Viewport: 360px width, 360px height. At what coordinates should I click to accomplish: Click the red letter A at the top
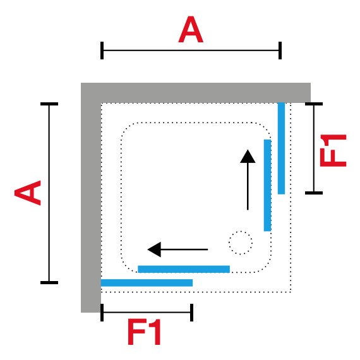tap(191, 30)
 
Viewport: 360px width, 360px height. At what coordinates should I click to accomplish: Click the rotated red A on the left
tap(28, 193)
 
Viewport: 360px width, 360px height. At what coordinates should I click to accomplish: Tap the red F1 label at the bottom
tap(144, 332)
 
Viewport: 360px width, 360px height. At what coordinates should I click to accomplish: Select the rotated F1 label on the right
tap(333, 150)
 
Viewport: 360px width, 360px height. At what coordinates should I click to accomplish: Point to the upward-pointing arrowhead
tap(248, 157)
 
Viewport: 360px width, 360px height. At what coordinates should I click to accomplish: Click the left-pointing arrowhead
tap(154, 249)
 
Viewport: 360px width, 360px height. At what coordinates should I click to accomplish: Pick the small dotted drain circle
tap(241, 243)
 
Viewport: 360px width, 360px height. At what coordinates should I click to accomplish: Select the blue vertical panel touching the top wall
tap(281, 148)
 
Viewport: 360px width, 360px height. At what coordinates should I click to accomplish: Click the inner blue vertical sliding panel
tap(268, 185)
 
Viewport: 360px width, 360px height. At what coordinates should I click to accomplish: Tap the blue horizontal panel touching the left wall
tap(147, 282)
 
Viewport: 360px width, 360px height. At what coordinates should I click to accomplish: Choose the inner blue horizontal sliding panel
tap(184, 269)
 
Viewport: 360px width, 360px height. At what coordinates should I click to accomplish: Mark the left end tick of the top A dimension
tap(102, 51)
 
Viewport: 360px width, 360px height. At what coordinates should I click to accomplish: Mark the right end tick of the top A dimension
tap(280, 51)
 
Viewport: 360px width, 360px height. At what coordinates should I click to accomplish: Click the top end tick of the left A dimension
tap(49, 104)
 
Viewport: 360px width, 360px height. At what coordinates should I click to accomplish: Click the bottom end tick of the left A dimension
tap(49, 282)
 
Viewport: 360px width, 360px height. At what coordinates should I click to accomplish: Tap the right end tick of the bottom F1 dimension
tap(192, 313)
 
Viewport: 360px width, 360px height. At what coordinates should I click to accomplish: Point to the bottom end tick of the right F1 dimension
tap(314, 193)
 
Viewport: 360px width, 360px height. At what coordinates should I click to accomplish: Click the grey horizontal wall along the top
tap(196, 93)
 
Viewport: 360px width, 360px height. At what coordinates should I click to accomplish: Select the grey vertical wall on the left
tap(91, 198)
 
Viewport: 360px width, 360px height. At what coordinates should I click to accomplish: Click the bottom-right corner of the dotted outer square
tap(291, 292)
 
